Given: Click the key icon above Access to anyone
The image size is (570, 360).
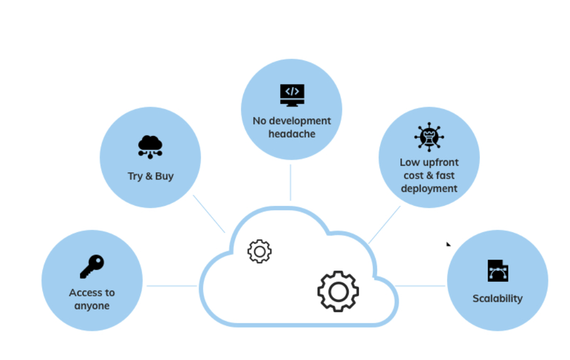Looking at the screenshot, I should [x=92, y=267].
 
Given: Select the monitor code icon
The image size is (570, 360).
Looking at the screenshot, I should [x=292, y=95].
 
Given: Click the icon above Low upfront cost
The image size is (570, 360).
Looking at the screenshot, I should [x=429, y=137].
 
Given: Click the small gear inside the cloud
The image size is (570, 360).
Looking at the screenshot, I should [x=259, y=251].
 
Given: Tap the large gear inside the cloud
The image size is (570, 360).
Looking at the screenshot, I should [x=338, y=291].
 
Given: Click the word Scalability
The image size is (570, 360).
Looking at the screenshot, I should [x=498, y=299].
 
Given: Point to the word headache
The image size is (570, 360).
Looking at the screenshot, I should [x=292, y=134].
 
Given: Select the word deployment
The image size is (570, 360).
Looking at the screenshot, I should [x=429, y=188].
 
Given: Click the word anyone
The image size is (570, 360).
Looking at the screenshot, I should [x=92, y=306].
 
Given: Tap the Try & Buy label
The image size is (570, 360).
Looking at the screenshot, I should [x=150, y=176].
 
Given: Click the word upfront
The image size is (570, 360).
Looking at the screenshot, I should [x=437, y=162].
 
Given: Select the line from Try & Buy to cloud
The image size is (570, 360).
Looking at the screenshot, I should [x=209, y=213].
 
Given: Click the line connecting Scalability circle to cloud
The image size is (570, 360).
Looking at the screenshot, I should [x=421, y=285].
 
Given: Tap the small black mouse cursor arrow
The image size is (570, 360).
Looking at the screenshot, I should [x=448, y=244].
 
